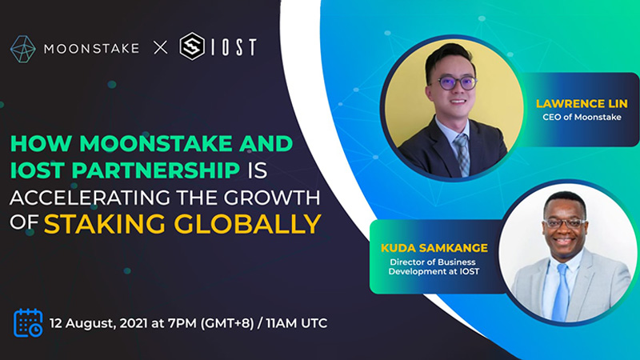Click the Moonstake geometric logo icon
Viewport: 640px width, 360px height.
[23, 49]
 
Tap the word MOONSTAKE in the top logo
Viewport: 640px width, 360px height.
[91, 49]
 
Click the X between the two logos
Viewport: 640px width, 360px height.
[161, 48]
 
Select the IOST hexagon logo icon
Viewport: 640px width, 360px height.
[192, 46]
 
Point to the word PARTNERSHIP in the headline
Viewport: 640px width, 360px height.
[155, 170]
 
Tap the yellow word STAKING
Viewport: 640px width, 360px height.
[105, 224]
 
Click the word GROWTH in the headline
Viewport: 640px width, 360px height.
[272, 198]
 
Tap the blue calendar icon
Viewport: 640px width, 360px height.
[28, 323]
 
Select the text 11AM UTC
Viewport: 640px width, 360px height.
[297, 323]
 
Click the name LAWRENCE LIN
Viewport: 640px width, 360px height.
[582, 104]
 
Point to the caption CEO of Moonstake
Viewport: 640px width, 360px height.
[582, 117]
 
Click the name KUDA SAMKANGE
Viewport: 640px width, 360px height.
[434, 248]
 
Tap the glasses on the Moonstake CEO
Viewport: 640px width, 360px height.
[456, 83]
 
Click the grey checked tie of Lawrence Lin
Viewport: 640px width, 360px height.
[462, 155]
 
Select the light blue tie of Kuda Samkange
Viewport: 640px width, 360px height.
[561, 292]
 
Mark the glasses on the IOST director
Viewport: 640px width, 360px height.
[565, 223]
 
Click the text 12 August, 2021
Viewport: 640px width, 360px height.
[98, 323]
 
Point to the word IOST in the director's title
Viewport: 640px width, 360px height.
[470, 271]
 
